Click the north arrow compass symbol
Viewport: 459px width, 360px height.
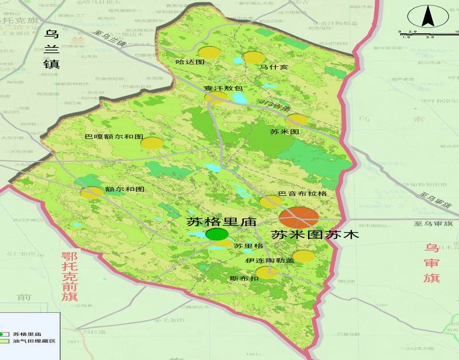tap(428, 17)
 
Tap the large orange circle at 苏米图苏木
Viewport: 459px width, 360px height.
tap(299, 217)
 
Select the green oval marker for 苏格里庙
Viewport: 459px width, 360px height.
tap(217, 234)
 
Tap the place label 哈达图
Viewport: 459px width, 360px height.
tap(190, 61)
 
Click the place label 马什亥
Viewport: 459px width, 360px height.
tap(274, 67)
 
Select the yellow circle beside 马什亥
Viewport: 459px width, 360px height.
tap(253, 57)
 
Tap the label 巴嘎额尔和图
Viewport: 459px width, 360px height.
tap(113, 136)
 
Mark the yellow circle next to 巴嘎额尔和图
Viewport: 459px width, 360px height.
tap(152, 143)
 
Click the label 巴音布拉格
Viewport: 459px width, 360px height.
tap(302, 193)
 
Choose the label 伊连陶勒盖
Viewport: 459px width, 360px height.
tap(270, 260)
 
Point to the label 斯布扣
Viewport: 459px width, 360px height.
tap(245, 278)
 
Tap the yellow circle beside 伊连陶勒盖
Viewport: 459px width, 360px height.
tap(303, 256)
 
